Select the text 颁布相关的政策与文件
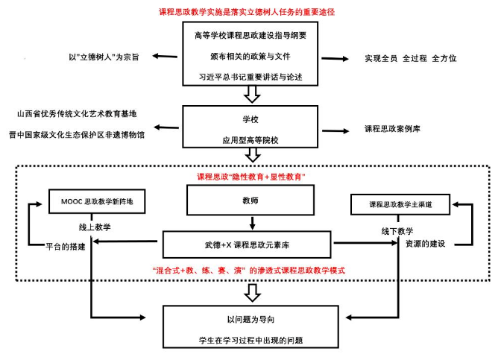(x=250, y=56)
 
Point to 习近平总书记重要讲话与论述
(x=250, y=76)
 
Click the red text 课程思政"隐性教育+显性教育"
(x=250, y=177)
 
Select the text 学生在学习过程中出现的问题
(x=250, y=341)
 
